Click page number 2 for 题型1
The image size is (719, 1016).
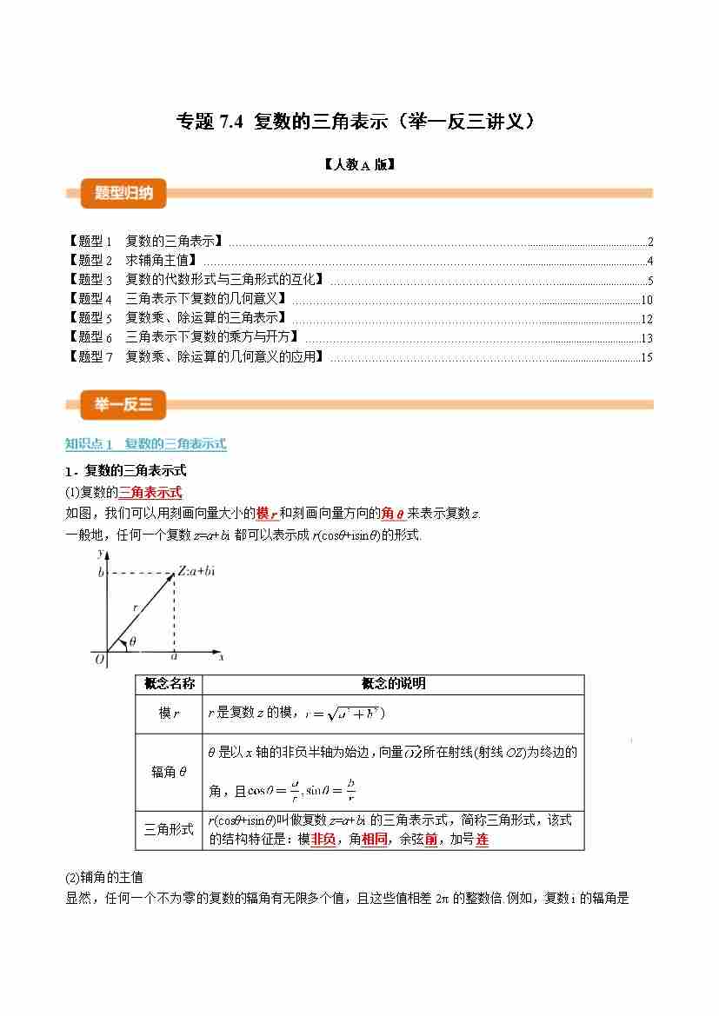click(x=649, y=242)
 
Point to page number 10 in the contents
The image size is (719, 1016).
click(x=646, y=300)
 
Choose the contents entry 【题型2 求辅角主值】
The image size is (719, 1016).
click(x=131, y=260)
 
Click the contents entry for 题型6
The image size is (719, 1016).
click(x=183, y=337)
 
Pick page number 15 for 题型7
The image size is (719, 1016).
click(x=646, y=357)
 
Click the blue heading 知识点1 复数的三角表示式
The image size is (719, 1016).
click(x=146, y=444)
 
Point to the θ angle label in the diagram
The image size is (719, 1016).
click(x=132, y=641)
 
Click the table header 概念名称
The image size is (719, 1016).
click(x=169, y=684)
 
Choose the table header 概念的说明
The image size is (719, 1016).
click(x=393, y=684)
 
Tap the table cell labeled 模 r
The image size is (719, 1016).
click(x=169, y=714)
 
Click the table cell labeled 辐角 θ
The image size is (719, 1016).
click(x=169, y=772)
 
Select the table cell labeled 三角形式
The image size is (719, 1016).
click(x=169, y=830)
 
